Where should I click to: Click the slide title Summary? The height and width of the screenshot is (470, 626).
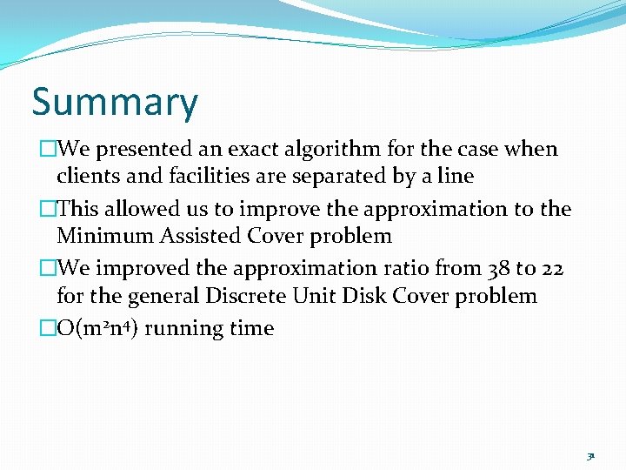click(115, 103)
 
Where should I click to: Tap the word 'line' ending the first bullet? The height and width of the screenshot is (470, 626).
click(456, 177)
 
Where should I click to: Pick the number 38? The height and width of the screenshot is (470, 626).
click(497, 269)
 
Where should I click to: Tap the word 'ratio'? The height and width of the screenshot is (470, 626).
click(410, 269)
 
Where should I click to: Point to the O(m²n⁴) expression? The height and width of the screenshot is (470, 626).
click(95, 329)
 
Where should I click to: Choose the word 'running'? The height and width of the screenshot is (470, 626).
click(181, 329)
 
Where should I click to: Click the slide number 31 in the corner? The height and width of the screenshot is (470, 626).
click(590, 455)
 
